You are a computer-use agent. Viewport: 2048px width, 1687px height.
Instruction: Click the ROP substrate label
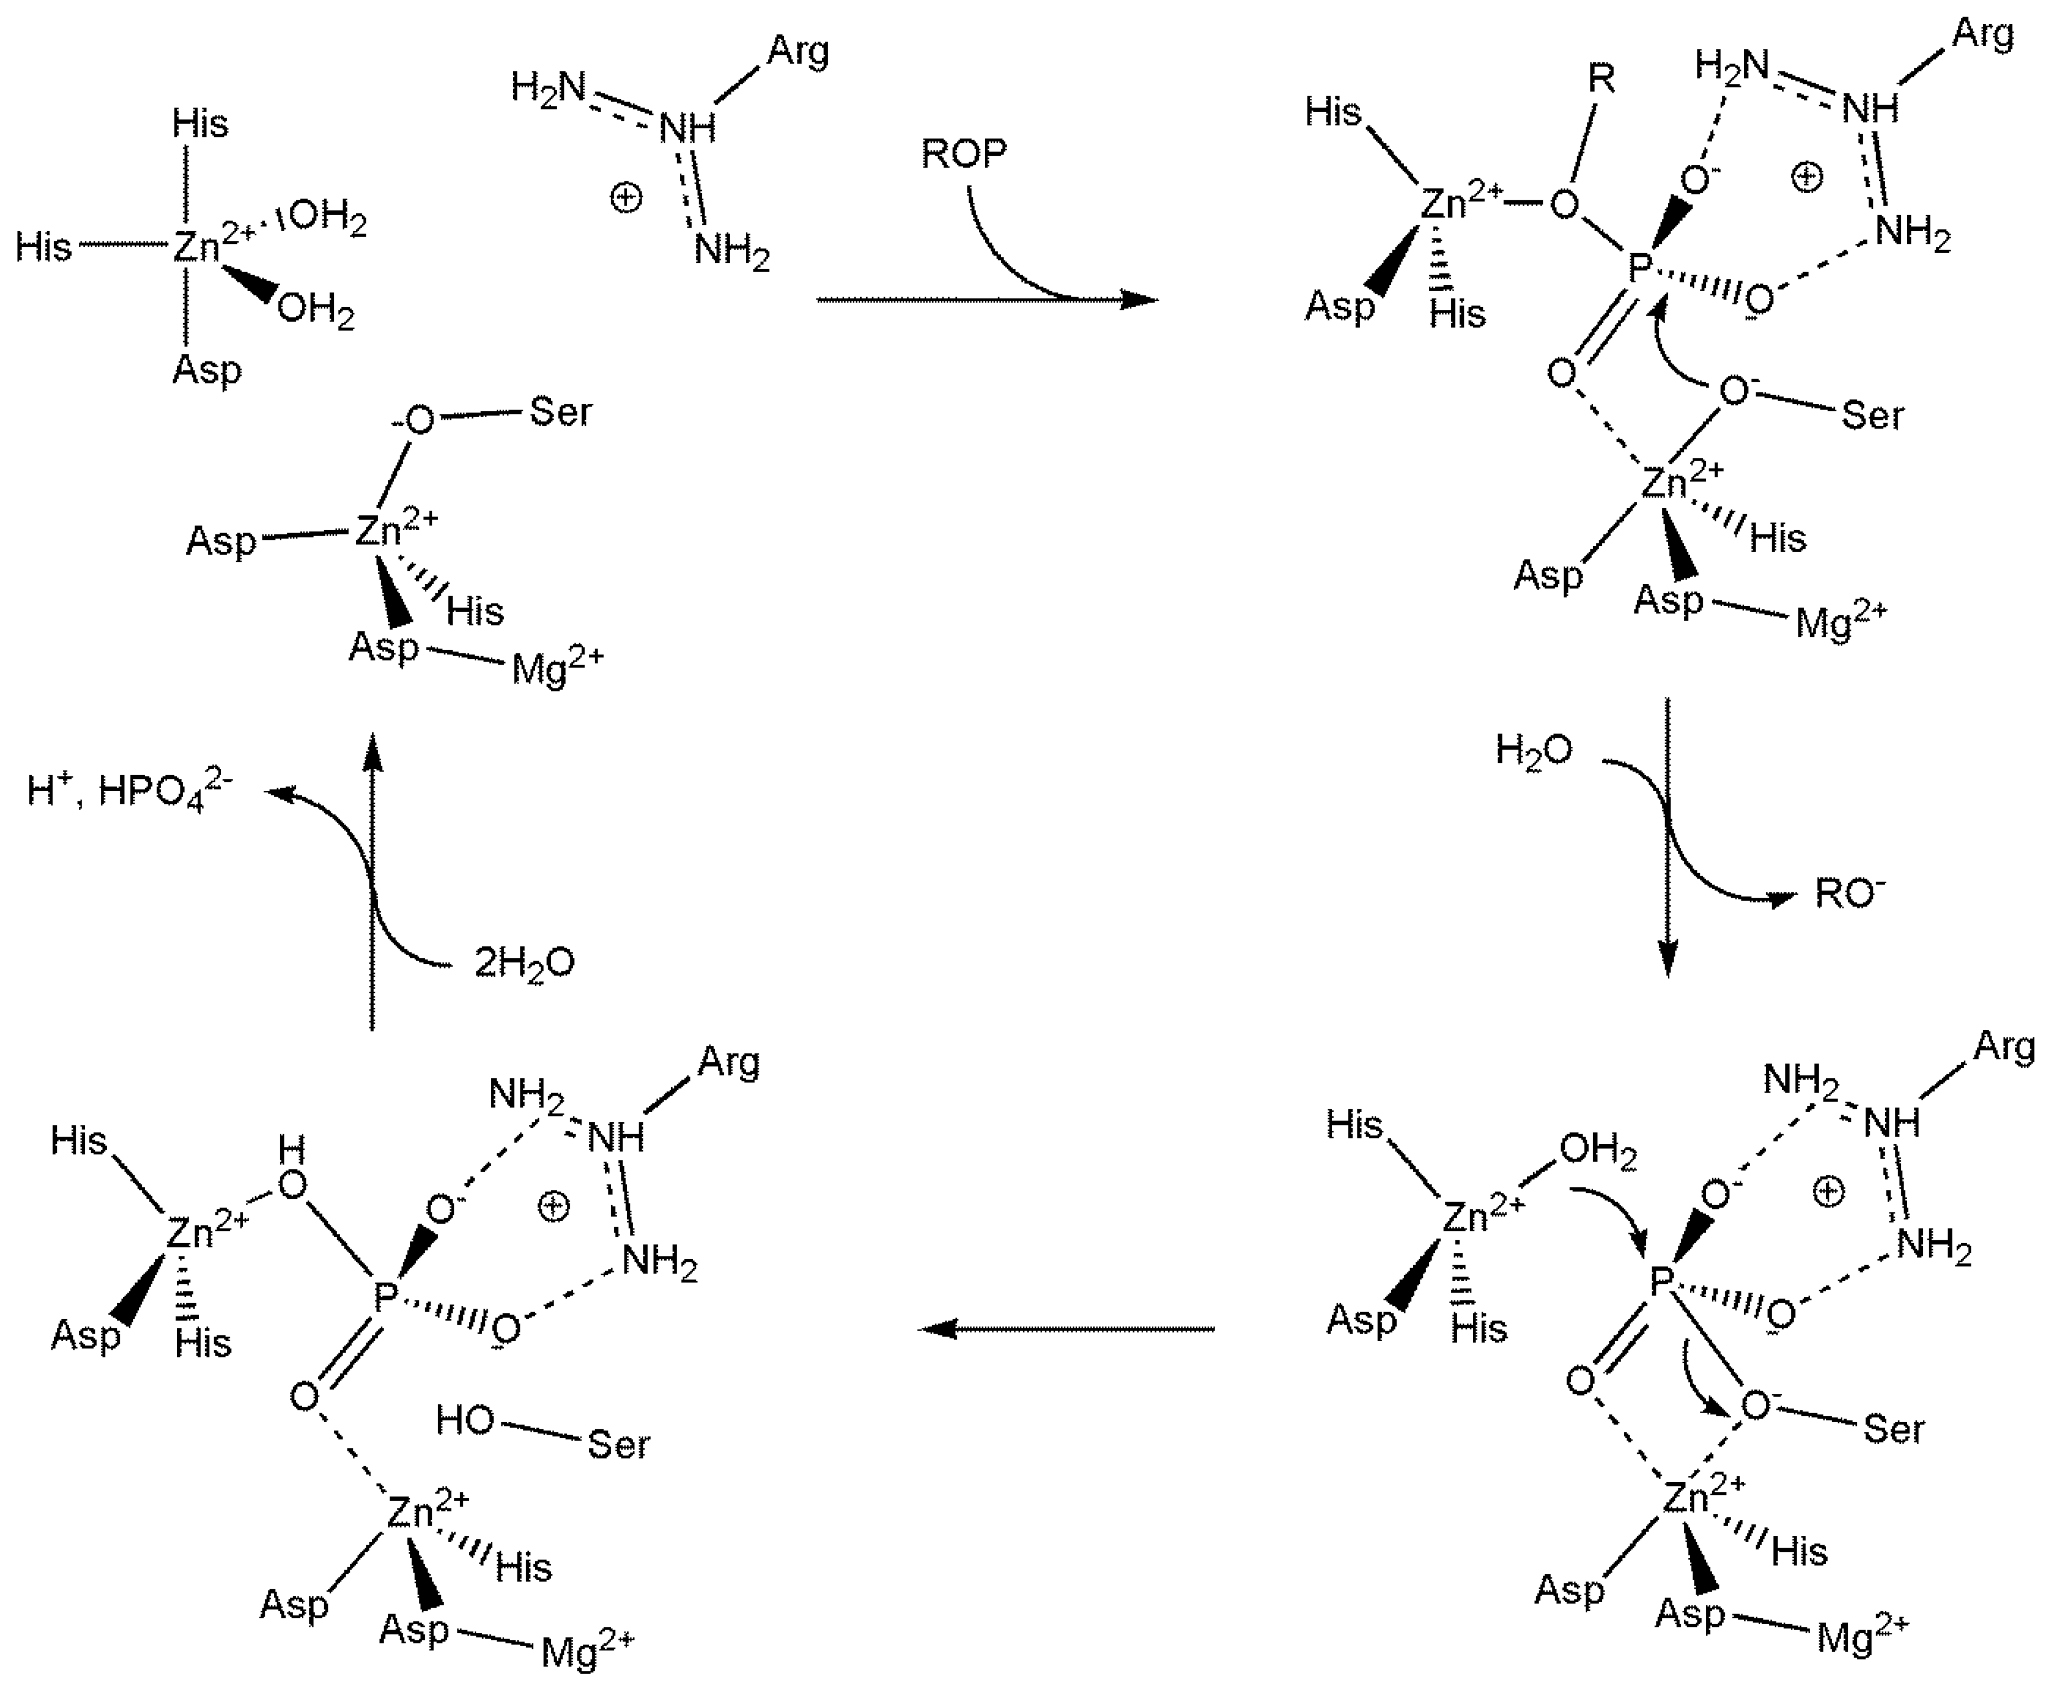pyautogui.click(x=963, y=154)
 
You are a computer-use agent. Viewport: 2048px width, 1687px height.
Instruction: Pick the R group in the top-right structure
pyautogui.click(x=1601, y=79)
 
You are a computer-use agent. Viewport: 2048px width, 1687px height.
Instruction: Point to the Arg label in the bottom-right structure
pyautogui.click(x=2003, y=1048)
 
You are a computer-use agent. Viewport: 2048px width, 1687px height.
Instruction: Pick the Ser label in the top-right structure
pyautogui.click(x=1872, y=416)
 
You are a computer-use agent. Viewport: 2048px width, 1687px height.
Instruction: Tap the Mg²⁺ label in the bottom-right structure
pyautogui.click(x=1861, y=1637)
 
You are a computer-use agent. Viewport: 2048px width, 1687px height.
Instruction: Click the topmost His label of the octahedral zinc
pyautogui.click(x=200, y=123)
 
